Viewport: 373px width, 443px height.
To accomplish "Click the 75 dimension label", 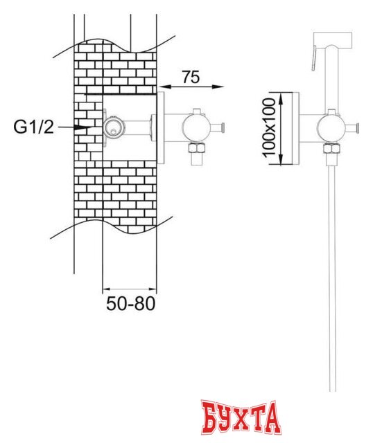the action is (191, 77).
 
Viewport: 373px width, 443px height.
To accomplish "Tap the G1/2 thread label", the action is (33, 127).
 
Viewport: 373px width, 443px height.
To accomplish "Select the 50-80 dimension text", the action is (131, 303).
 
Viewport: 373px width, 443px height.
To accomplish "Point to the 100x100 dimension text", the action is (268, 127).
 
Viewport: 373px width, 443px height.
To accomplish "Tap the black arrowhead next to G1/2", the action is (83, 127).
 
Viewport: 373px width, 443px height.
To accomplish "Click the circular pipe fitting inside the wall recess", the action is (113, 127).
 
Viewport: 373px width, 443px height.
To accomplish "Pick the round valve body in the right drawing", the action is (329, 127).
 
